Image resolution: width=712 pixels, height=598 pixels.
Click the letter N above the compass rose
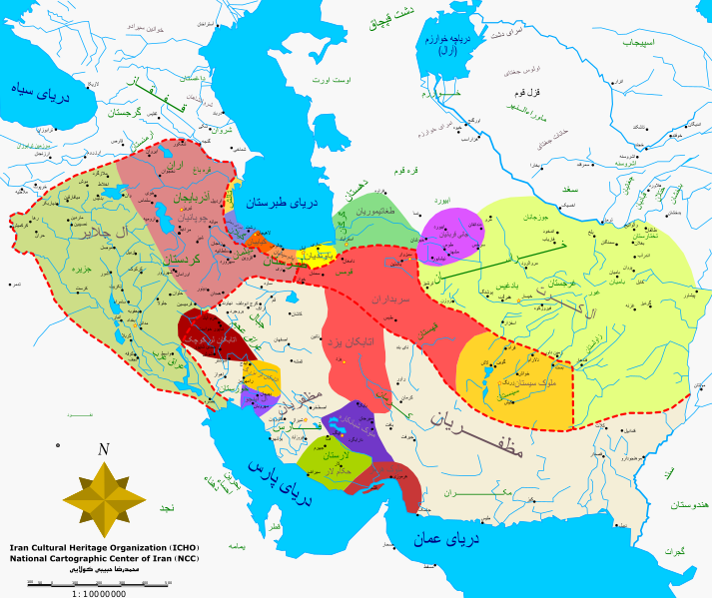pyautogui.click(x=103, y=449)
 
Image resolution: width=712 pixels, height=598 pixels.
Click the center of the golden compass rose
pyautogui.click(x=103, y=495)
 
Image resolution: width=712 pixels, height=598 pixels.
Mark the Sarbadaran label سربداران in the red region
pyautogui.click(x=369, y=298)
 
